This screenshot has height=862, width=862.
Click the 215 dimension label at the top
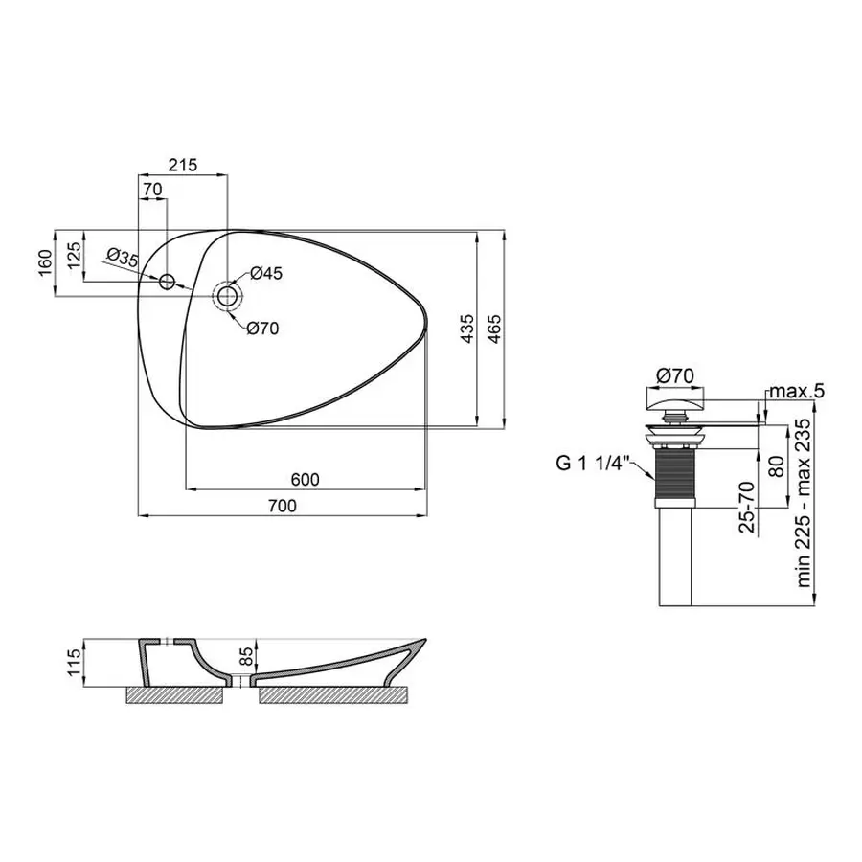pyautogui.click(x=182, y=165)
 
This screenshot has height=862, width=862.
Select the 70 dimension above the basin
pyautogui.click(x=151, y=190)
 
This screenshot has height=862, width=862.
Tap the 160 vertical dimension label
pyautogui.click(x=43, y=263)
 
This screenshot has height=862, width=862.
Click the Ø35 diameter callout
pyautogui.click(x=124, y=256)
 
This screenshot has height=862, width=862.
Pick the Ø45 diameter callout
pyautogui.click(x=265, y=274)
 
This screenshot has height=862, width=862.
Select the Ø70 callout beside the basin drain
pyautogui.click(x=261, y=328)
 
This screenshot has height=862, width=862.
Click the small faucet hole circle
pyautogui.click(x=167, y=282)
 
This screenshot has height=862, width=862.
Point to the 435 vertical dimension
pyautogui.click(x=466, y=329)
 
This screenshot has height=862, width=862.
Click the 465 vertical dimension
pyautogui.click(x=494, y=329)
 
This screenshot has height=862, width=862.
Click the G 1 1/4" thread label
pyautogui.click(x=591, y=465)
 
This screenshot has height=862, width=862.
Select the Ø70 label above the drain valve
pyautogui.click(x=673, y=374)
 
